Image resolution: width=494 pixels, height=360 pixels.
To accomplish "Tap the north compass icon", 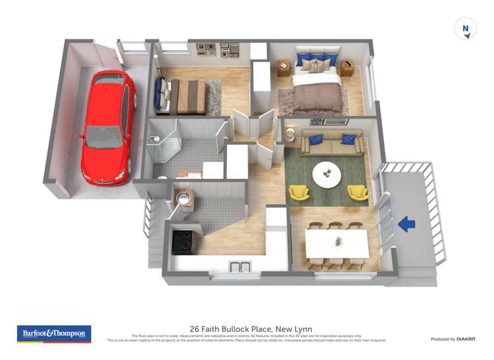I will point(466,29).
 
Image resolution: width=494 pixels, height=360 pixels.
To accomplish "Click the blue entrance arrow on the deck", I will point(407,225).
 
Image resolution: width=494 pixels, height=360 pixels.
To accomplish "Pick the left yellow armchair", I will point(299,192).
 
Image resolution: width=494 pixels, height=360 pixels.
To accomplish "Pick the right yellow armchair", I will point(358,192).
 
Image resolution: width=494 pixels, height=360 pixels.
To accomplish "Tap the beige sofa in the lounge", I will point(332,143).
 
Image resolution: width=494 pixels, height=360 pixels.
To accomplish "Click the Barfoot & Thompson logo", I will point(54,334).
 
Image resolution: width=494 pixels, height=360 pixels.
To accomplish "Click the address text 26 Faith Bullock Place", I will point(251,329).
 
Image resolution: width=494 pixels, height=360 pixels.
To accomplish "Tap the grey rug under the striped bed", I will point(213,97).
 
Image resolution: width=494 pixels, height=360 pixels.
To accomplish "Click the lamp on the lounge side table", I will point(290,134).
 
